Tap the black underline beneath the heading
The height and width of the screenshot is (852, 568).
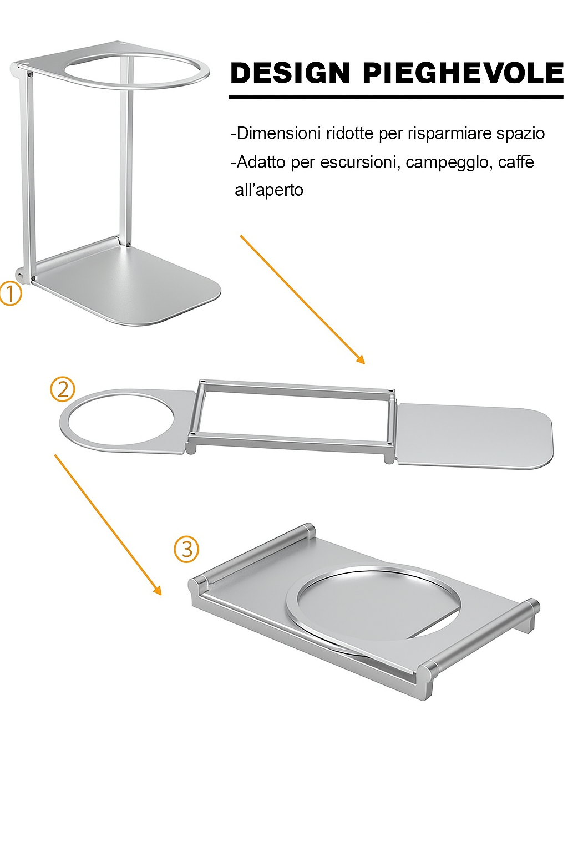[395, 98]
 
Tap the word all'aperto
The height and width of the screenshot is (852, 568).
[269, 190]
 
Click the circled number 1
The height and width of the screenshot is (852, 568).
[11, 294]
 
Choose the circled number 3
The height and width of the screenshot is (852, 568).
[186, 549]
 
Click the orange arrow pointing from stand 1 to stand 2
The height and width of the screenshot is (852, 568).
[302, 300]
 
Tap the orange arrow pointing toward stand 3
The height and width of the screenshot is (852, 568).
[108, 525]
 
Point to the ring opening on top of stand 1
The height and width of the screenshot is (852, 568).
[137, 71]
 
